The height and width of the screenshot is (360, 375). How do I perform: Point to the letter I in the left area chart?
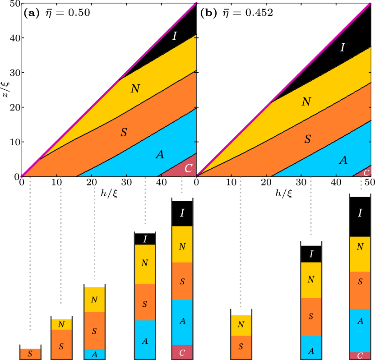[175, 36]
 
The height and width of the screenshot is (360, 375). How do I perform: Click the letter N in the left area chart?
[135, 89]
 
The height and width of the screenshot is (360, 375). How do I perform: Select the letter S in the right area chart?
[307, 139]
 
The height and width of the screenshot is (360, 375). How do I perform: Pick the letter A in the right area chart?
[343, 160]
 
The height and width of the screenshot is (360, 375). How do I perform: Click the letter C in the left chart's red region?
[189, 168]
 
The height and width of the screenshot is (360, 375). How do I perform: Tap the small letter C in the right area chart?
[366, 172]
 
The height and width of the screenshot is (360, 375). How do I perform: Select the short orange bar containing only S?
[30, 354]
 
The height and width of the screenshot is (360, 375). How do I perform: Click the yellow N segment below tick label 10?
[61, 324]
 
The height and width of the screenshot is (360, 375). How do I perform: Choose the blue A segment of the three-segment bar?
[94, 354]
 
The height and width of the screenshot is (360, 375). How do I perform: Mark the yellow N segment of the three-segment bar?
[94, 300]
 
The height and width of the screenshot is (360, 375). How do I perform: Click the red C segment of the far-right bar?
[360, 355]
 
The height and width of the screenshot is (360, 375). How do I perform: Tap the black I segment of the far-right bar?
[360, 213]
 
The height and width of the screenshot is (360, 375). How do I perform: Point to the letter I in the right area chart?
[343, 47]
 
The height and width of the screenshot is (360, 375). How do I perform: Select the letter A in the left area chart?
[160, 155]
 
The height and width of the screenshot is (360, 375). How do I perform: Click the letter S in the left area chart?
[124, 133]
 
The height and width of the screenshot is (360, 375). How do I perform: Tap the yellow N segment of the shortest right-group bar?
[241, 325]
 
